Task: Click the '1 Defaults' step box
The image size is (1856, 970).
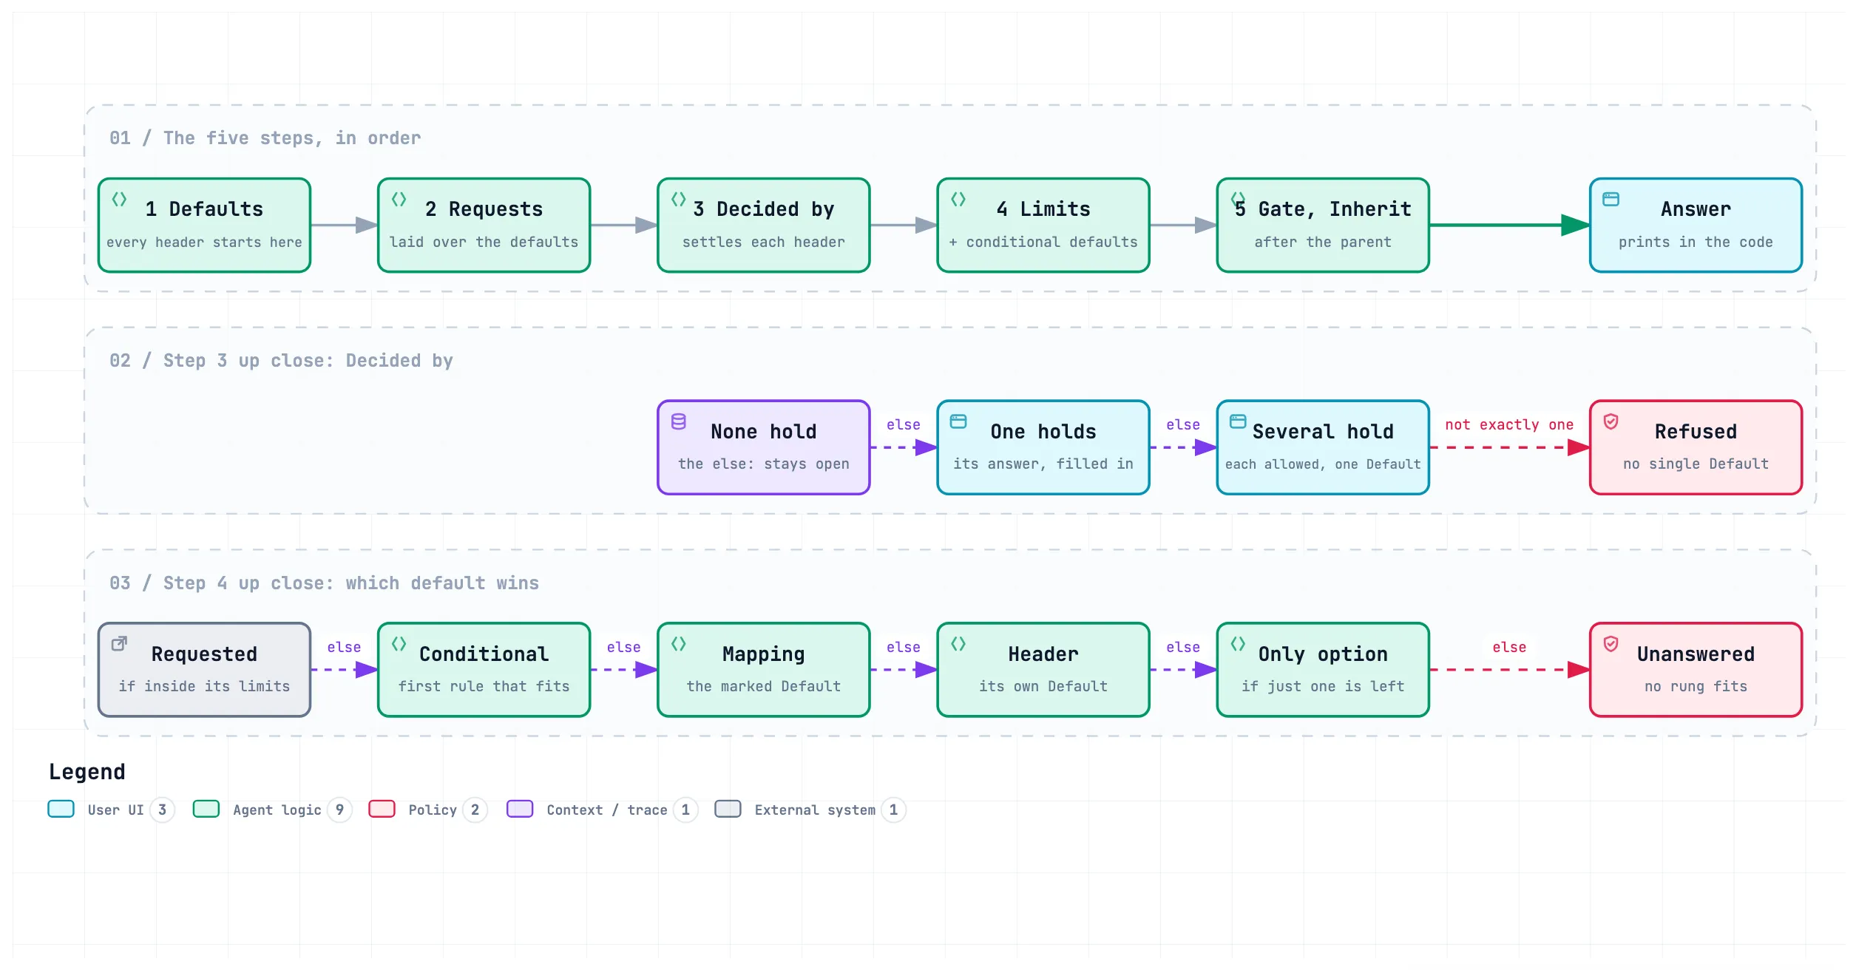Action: (x=204, y=225)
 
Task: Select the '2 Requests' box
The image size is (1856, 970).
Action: (x=484, y=225)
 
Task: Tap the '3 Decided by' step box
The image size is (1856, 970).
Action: (x=764, y=225)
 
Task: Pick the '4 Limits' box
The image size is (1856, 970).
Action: (x=1043, y=225)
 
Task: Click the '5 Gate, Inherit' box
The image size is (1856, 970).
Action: (x=1323, y=225)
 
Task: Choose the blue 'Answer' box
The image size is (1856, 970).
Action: (x=1696, y=225)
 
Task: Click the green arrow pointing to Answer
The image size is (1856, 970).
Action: (x=1509, y=225)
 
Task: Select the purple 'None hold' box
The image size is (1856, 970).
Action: (x=764, y=447)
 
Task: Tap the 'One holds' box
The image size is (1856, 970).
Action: (x=1043, y=447)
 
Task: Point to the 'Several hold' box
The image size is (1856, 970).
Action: (x=1323, y=447)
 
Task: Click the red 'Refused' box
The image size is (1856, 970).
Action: (x=1696, y=447)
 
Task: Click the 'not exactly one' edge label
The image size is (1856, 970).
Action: (x=1509, y=424)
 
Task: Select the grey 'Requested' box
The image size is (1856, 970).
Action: (x=204, y=670)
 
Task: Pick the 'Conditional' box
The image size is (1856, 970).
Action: (x=484, y=670)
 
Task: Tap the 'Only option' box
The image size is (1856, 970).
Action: (x=1323, y=670)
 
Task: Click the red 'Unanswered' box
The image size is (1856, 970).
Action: (x=1696, y=670)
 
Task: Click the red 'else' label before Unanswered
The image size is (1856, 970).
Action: (x=1509, y=647)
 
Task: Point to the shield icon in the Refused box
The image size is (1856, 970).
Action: (x=1611, y=421)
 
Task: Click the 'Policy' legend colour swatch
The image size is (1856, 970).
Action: (x=382, y=809)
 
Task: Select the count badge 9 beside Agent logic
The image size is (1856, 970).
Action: (x=339, y=810)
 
